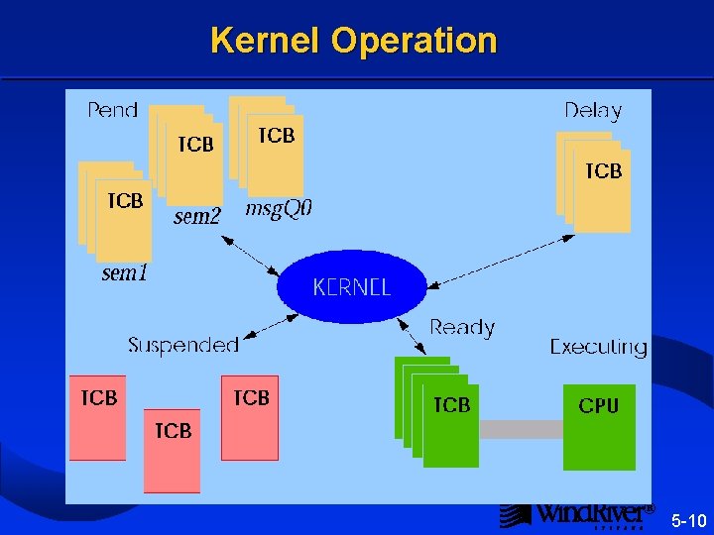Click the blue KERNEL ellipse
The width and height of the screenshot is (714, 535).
click(x=351, y=287)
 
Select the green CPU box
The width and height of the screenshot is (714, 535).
click(x=599, y=426)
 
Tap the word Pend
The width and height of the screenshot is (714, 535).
click(x=112, y=109)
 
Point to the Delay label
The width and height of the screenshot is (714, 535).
click(x=592, y=110)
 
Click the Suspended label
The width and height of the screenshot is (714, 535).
click(x=183, y=345)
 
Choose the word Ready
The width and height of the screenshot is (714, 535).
click(x=462, y=327)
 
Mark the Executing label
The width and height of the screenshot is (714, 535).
click(x=598, y=347)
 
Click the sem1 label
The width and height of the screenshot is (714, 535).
click(x=125, y=272)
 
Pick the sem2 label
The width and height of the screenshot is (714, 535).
click(x=196, y=217)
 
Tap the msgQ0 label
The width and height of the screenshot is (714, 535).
click(x=279, y=209)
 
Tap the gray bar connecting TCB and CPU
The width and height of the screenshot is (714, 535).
click(x=521, y=429)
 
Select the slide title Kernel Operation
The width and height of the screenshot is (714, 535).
click(x=353, y=41)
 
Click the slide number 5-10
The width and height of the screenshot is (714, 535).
click(x=688, y=520)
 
